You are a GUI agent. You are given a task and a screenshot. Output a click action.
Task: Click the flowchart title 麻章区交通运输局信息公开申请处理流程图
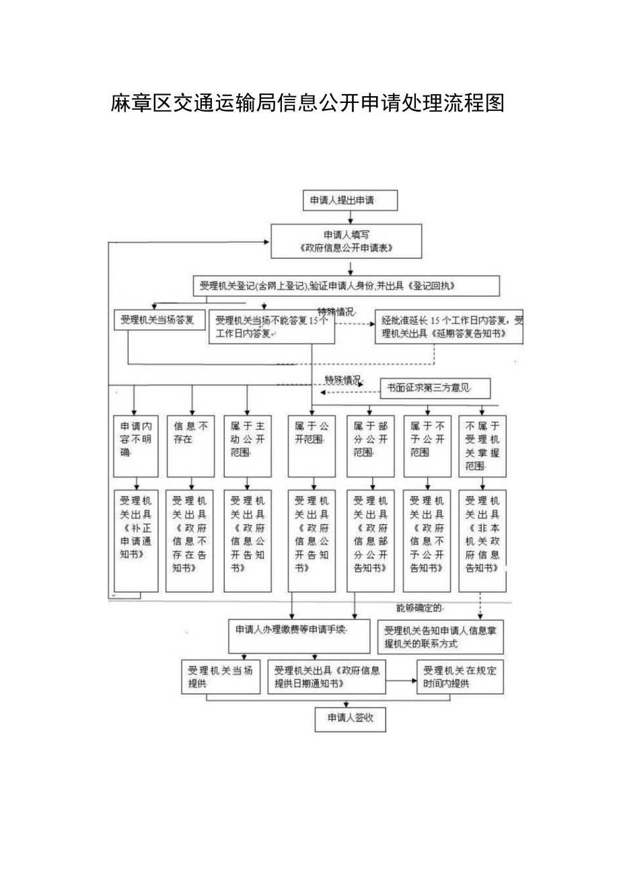point(307,103)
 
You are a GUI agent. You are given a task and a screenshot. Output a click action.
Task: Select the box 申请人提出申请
point(350,200)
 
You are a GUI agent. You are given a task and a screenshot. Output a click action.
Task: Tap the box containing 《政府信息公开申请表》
point(346,241)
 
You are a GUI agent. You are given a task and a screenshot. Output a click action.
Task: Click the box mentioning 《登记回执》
point(346,286)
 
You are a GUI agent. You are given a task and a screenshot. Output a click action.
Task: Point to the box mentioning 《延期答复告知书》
point(449,327)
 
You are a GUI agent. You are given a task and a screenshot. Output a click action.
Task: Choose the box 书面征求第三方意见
point(435,388)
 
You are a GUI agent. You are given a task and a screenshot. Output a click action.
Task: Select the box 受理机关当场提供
point(221,677)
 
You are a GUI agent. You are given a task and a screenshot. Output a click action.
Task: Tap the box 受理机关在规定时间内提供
point(460,677)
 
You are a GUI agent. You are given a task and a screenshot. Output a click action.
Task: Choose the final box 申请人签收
point(350,719)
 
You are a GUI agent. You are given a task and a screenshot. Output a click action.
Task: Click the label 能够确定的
point(418,608)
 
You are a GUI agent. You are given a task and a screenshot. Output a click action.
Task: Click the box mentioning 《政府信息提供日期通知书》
point(327,677)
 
